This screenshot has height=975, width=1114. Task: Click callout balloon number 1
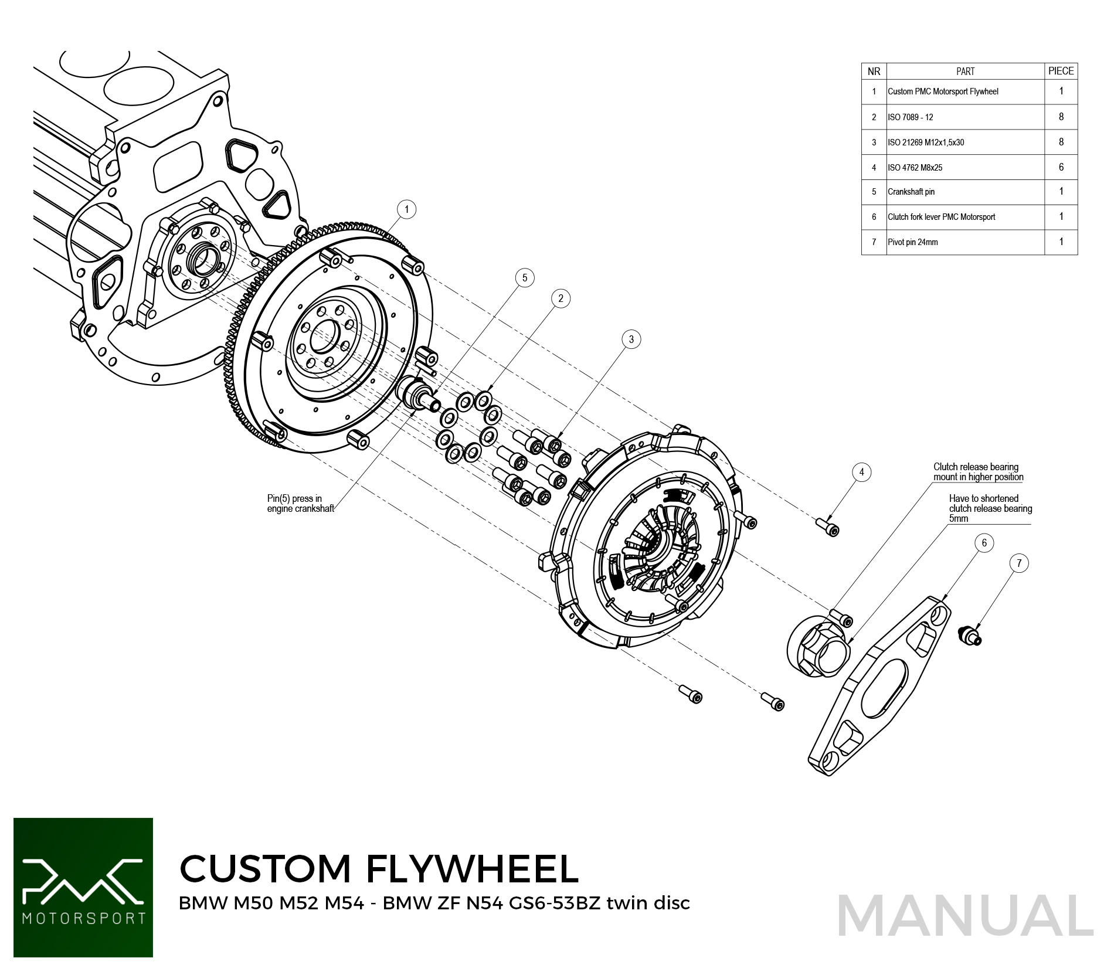click(406, 209)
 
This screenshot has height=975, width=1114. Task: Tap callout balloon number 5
click(525, 278)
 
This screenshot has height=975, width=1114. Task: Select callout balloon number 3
click(631, 339)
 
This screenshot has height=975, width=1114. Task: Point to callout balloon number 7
click(1019, 563)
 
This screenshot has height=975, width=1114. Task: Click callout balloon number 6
click(984, 543)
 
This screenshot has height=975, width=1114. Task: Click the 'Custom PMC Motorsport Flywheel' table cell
click(964, 91)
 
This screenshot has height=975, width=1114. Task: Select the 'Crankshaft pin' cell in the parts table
click(964, 192)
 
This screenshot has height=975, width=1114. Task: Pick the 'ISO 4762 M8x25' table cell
click(964, 167)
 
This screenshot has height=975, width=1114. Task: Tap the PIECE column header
click(1061, 71)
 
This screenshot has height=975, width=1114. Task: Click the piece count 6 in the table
click(1061, 167)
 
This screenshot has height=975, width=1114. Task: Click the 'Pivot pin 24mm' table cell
click(964, 242)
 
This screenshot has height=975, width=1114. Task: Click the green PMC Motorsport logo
click(83, 887)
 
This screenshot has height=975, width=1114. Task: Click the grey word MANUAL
click(965, 915)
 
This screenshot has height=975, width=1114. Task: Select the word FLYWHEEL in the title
click(473, 868)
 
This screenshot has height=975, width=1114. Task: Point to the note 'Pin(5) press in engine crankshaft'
click(300, 504)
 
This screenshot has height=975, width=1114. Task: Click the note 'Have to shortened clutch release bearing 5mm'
click(990, 508)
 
